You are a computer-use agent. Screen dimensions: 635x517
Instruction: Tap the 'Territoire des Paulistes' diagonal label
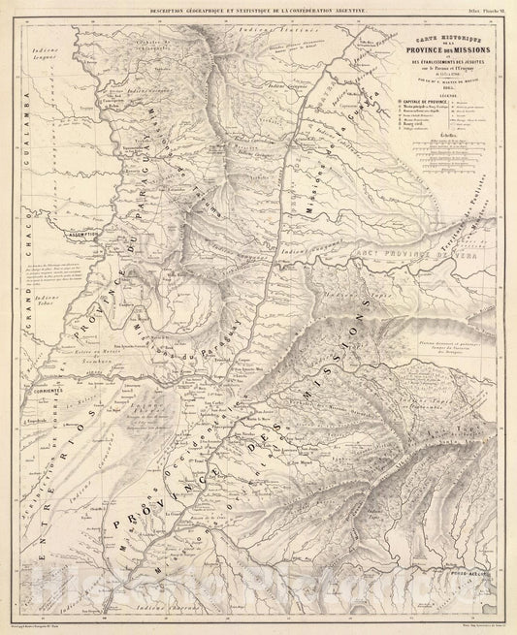pyautogui.click(x=473, y=208)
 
